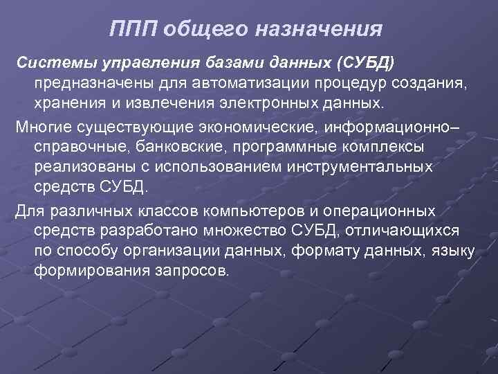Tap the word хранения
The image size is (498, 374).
(66, 103)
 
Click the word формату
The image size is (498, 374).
(331, 250)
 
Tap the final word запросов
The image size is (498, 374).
(192, 269)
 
